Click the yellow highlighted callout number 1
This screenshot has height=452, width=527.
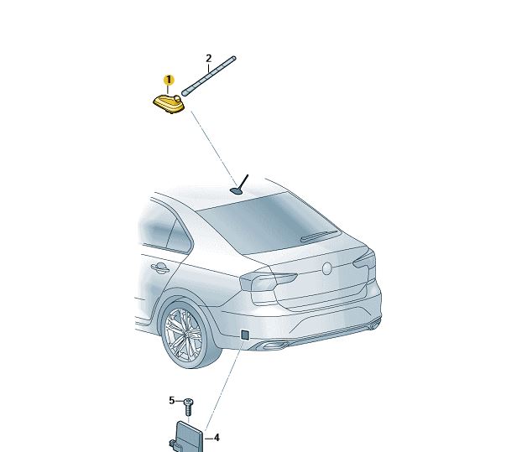[169, 81]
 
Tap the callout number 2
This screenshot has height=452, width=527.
[208, 59]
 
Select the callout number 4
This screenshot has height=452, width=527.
[217, 438]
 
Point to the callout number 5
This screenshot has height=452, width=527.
[172, 401]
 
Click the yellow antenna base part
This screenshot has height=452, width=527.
[169, 103]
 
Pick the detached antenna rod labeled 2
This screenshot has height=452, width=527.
[209, 76]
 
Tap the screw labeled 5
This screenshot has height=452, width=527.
[189, 407]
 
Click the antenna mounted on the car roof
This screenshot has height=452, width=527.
[240, 184]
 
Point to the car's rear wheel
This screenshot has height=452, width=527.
[187, 335]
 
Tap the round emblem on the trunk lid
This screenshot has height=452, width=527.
[326, 268]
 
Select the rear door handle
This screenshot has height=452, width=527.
[159, 268]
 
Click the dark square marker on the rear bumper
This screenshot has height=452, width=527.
[245, 335]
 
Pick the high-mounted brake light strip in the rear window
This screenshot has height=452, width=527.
[319, 236]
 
